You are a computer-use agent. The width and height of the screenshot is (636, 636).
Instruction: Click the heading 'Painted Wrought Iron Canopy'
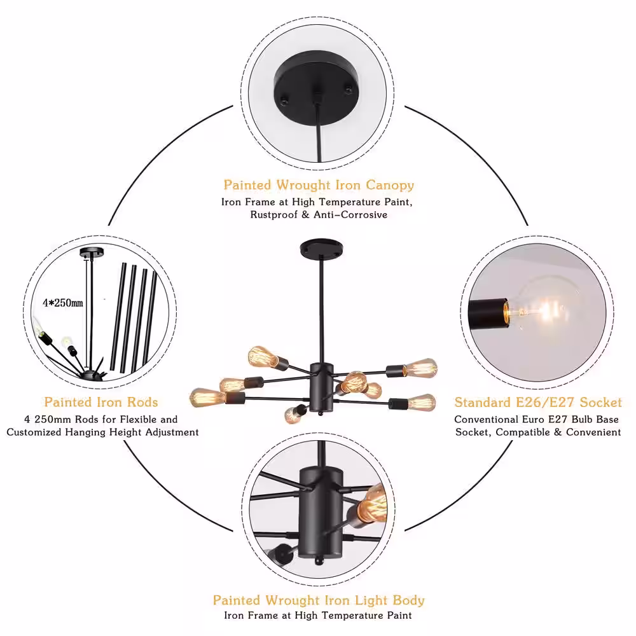click(319, 185)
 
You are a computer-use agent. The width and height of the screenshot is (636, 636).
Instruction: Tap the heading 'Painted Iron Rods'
click(101, 402)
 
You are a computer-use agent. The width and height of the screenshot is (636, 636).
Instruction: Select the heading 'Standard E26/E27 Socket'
click(538, 402)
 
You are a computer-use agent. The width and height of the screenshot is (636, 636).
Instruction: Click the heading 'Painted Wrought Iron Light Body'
click(319, 600)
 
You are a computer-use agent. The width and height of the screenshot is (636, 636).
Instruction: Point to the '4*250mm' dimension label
click(63, 303)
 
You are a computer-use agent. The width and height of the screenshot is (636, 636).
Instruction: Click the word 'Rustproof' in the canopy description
click(273, 214)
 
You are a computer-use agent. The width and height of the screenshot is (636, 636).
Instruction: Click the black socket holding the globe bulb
click(488, 313)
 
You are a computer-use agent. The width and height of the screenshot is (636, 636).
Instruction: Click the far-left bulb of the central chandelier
click(207, 397)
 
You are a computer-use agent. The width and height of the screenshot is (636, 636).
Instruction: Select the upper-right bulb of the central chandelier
click(420, 368)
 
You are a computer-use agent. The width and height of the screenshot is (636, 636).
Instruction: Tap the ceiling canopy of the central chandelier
click(321, 248)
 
